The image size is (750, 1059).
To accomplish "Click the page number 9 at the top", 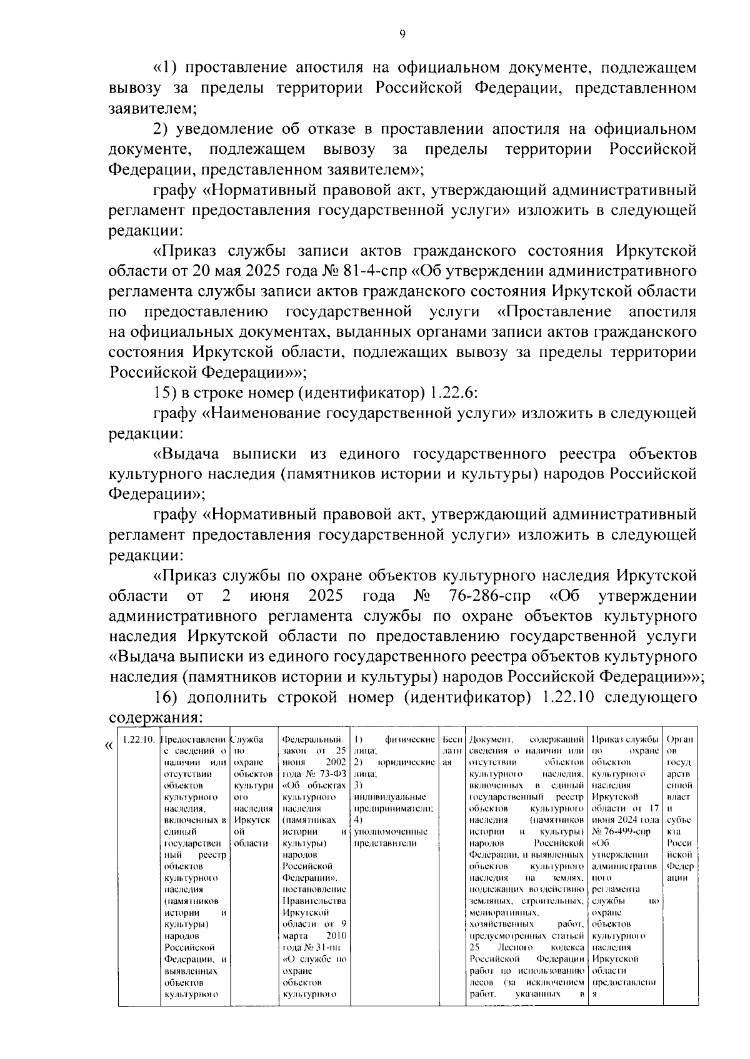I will tap(402, 34).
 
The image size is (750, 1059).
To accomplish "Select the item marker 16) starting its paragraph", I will tap(166, 696).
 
